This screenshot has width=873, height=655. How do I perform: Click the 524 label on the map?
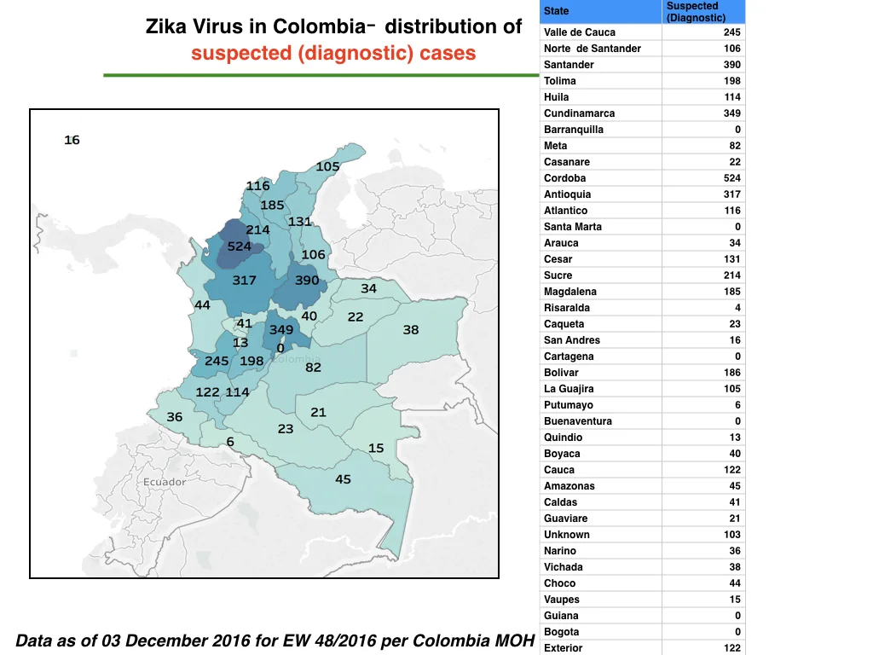tap(240, 246)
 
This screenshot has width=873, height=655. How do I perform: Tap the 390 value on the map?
tap(307, 280)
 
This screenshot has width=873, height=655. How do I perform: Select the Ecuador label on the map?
tap(165, 482)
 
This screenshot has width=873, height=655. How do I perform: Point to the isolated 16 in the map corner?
tap(72, 140)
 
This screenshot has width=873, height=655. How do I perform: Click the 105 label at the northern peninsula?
tap(327, 166)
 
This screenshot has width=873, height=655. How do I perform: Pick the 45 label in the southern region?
tap(343, 479)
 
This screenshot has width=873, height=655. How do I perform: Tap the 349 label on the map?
tap(281, 330)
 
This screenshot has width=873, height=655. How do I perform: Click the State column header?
tap(556, 11)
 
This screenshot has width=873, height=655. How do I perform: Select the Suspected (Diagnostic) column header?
tap(696, 12)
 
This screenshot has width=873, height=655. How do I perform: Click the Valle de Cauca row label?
tap(580, 32)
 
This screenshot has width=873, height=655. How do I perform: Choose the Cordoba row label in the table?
tap(564, 178)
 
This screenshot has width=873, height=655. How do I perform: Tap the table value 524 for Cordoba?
tap(731, 178)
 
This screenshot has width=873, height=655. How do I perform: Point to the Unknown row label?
tap(567, 535)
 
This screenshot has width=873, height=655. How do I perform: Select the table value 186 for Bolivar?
tap(731, 373)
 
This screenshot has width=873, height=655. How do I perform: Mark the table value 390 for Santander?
tap(731, 65)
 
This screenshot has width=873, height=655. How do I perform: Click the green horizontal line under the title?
tap(321, 75)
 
